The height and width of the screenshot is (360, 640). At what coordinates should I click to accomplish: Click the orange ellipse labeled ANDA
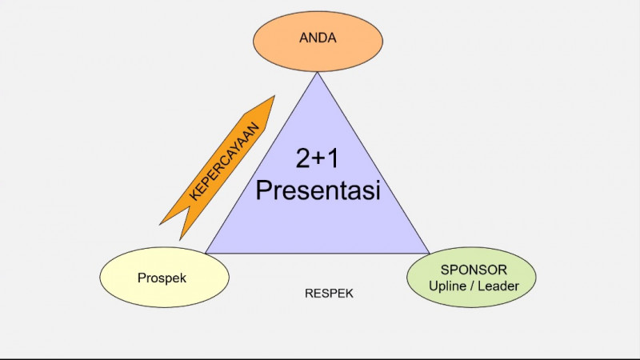tap(318, 37)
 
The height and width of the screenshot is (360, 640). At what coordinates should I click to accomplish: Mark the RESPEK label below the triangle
tap(329, 294)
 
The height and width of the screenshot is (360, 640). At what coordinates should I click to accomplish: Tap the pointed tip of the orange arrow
tap(273, 98)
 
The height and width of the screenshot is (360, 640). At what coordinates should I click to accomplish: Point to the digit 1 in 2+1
tap(332, 159)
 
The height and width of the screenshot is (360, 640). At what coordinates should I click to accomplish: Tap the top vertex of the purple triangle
tap(318, 74)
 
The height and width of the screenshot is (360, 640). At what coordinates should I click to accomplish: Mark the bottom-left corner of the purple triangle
tap(207, 252)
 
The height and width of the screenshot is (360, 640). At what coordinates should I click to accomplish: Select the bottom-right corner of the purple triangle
tap(428, 252)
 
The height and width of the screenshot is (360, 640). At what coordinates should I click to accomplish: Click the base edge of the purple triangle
tap(318, 252)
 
